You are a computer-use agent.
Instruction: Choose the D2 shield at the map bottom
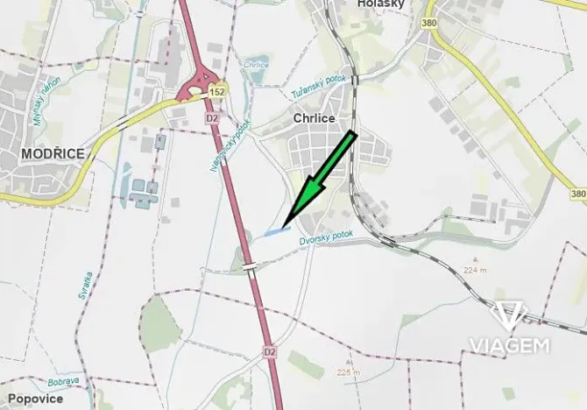pos(270,351)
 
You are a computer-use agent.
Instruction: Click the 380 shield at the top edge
pos(429,25)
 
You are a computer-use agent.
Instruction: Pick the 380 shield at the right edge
pos(577,194)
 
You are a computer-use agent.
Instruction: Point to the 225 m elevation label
pos(348,372)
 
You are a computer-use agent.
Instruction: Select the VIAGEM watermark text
pos(510,344)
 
